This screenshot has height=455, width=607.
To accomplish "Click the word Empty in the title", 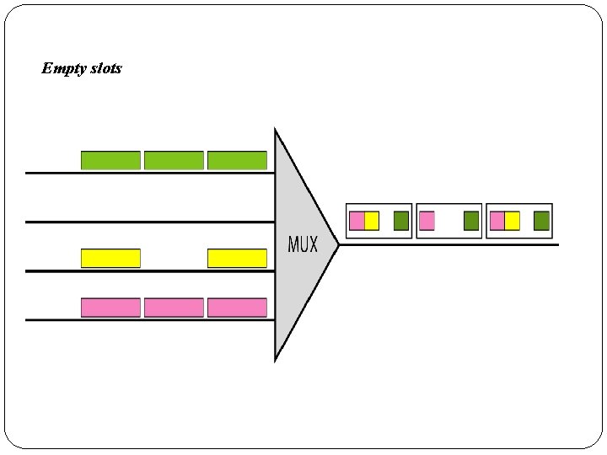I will point(63,68).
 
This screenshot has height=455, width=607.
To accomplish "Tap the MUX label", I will point(303,245).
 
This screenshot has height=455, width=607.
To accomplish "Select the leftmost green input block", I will point(110,160).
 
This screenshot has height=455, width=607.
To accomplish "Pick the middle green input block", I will point(174,160).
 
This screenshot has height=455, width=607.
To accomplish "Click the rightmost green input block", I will point(237,160).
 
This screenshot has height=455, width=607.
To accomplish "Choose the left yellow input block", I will point(110,258).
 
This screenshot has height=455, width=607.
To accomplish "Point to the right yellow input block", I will point(237,258).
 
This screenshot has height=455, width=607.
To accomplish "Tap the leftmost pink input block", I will point(110,308).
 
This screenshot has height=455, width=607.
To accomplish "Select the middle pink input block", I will point(174,308).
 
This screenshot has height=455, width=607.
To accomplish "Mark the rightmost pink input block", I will point(237,308).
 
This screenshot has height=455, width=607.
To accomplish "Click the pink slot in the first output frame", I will point(357,221).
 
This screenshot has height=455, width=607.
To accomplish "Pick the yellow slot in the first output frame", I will point(372,221).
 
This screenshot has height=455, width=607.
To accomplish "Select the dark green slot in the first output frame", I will point(401,221).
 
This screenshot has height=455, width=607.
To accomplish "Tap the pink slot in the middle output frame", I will point(427,221).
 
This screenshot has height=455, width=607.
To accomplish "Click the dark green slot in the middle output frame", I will point(471,221).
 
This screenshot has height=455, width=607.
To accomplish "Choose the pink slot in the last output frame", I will point(497,221).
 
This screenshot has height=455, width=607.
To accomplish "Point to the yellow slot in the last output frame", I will point(512,221).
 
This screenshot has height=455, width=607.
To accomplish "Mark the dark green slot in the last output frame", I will point(541,221).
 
